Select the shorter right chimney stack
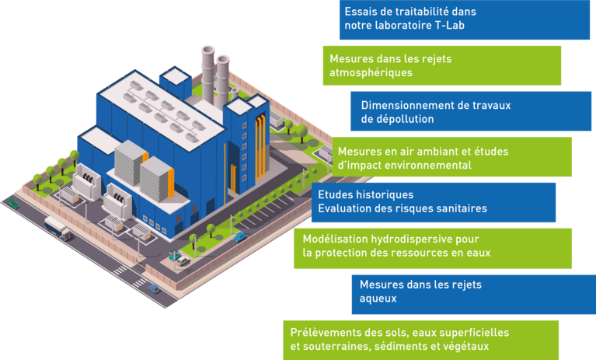(x=223, y=78)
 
